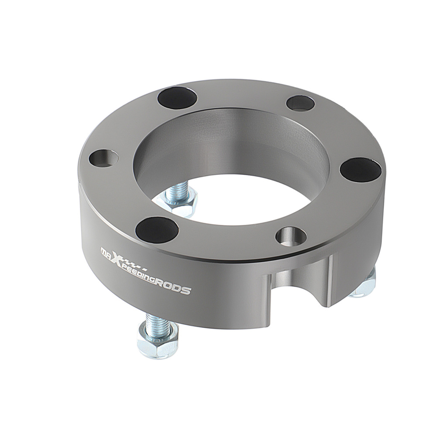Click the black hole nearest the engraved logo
(x=157, y=227)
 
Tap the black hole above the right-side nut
(x=361, y=169)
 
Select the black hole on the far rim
(x=178, y=98)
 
